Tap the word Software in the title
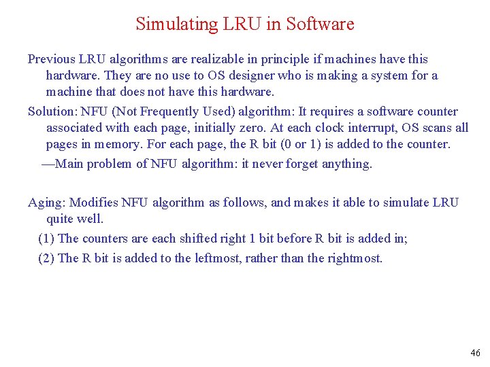(320, 24)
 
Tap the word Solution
(52, 111)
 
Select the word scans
(438, 128)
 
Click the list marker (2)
(47, 258)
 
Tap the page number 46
(475, 353)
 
